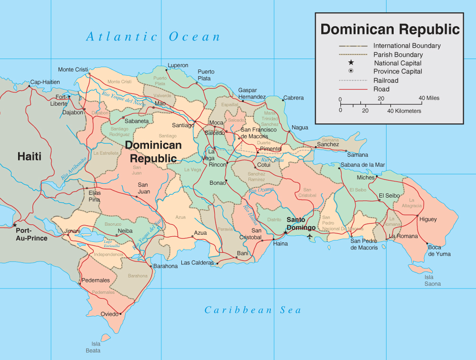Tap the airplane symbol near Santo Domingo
310,236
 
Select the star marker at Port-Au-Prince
15,225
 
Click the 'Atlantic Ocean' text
153,37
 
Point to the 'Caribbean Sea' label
253,310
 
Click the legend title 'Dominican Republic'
390,29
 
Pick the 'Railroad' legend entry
386,80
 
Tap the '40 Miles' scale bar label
429,98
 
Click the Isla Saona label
432,280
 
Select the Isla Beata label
96,347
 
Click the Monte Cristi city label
73,70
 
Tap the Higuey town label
428,220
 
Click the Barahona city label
166,266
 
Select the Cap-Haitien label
45,82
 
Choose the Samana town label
357,155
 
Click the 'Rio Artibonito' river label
73,168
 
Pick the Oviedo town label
110,314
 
